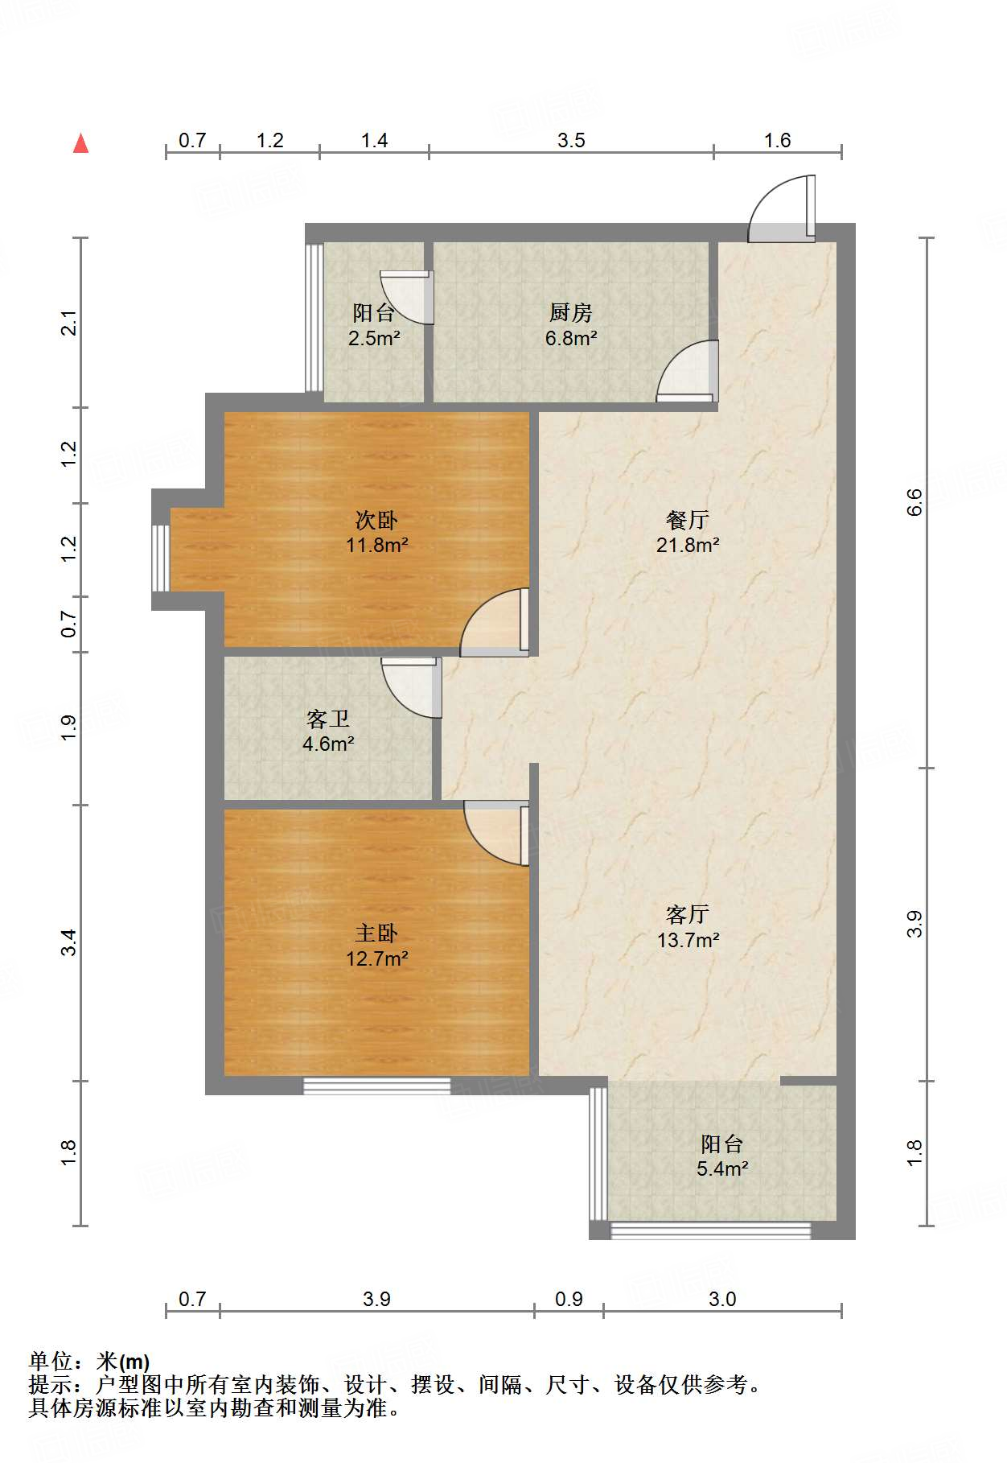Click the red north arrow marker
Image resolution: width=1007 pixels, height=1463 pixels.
[x=80, y=143]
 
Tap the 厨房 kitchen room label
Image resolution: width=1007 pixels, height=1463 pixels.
[x=571, y=312]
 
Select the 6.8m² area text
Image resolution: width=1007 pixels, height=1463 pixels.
[x=571, y=338]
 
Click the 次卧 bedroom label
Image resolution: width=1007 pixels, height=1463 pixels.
[x=376, y=520]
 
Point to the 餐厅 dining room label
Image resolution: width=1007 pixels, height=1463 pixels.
[x=688, y=520]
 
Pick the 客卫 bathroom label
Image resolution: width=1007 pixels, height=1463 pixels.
[x=328, y=719]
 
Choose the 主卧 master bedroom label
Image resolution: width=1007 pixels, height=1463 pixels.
[x=376, y=933]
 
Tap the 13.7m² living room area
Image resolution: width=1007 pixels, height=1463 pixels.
[x=688, y=940]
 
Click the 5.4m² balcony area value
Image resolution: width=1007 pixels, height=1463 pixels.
[x=722, y=1168]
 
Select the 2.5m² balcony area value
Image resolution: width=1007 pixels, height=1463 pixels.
[x=374, y=338]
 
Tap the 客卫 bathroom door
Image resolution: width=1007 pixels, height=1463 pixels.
[x=412, y=687]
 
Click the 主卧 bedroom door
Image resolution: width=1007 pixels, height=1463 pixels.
[x=496, y=833]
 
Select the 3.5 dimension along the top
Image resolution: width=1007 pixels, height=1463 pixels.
[x=571, y=141]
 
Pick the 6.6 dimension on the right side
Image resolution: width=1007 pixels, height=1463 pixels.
[x=915, y=503]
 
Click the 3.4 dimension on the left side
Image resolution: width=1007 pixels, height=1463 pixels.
[x=69, y=942]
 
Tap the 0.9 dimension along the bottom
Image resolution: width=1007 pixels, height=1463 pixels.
[x=569, y=1299]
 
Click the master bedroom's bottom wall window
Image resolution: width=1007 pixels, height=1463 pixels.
[x=377, y=1086]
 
